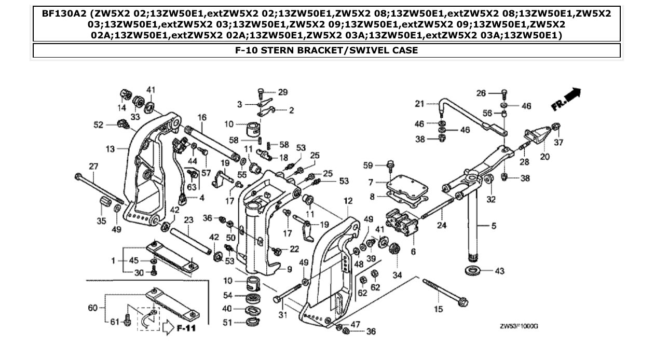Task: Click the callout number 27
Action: [93, 166]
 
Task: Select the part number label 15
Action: [439, 310]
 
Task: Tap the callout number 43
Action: [499, 271]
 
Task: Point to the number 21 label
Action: [419, 104]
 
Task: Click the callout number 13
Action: [110, 149]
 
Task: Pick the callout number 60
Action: [92, 308]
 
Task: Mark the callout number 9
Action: [289, 269]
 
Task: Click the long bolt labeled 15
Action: [444, 292]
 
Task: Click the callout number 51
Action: [227, 322]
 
